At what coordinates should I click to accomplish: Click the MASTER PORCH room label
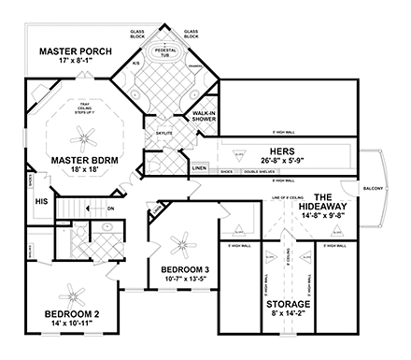(x=72, y=50)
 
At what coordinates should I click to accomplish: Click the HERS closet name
(x=283, y=151)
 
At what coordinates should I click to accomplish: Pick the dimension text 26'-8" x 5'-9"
(x=283, y=160)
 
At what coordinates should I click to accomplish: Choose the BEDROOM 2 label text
(x=60, y=312)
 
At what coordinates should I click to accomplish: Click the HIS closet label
(x=41, y=201)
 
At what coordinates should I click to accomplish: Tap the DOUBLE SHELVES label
(x=260, y=171)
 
